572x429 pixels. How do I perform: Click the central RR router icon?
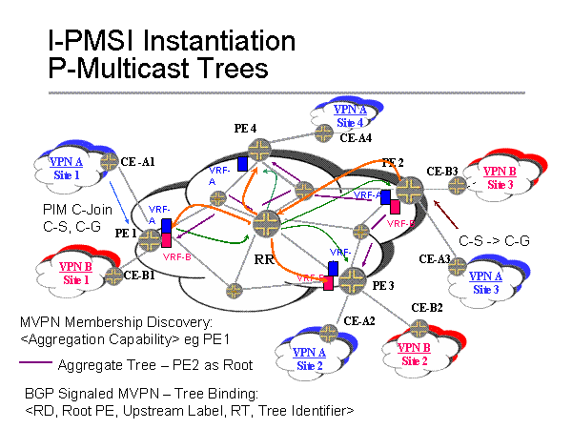coord(266,223)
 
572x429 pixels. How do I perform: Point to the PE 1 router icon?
coord(152,241)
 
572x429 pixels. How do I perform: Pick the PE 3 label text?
coord(382,285)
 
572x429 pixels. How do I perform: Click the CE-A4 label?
coord(357,137)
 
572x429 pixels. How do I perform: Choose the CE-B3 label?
coord(442,171)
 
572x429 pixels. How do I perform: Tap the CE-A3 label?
coord(437,258)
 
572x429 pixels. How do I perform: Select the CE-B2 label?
coord(426,307)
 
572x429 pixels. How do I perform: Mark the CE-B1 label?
coord(141,275)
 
